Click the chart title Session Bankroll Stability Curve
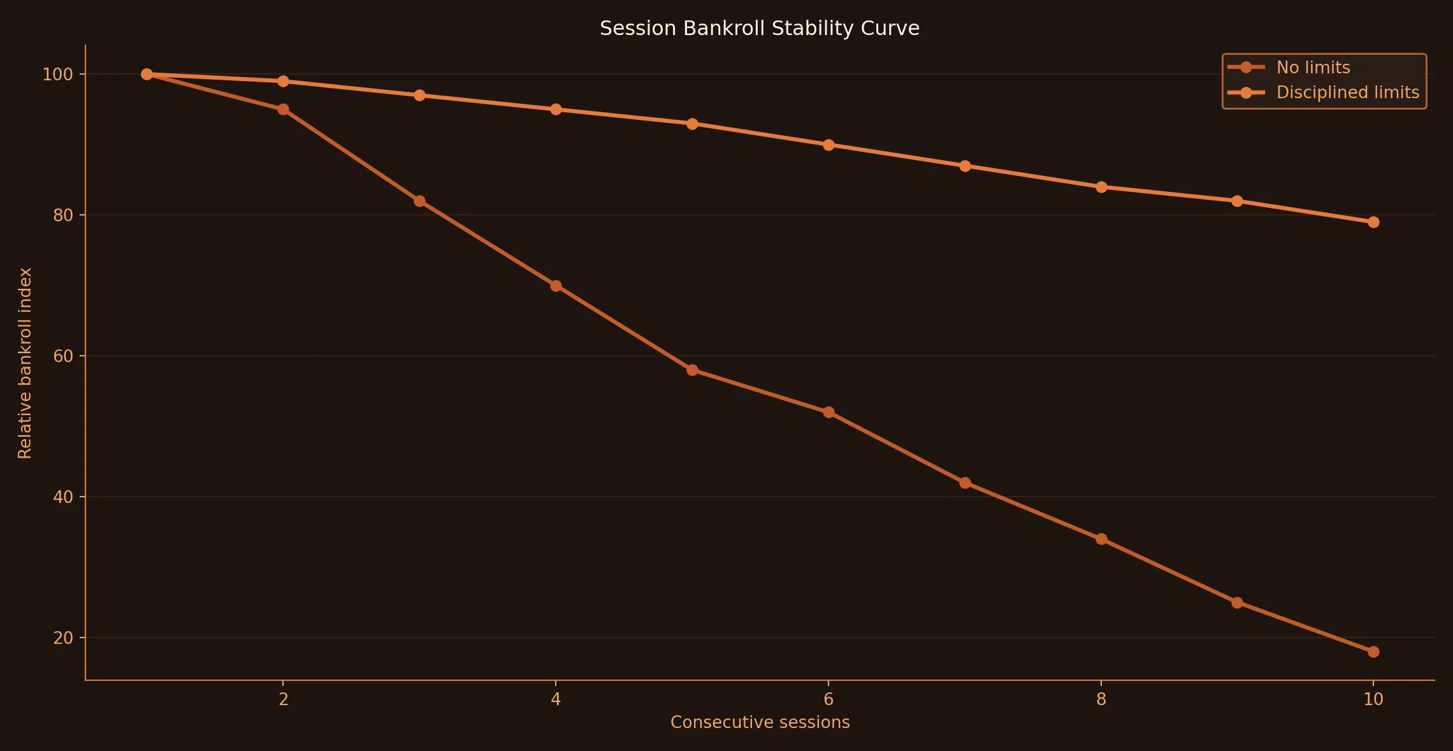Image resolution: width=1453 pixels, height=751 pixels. coord(759,29)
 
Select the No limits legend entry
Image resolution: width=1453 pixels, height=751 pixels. coord(1313,68)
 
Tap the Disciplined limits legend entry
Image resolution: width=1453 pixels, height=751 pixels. coord(1347,92)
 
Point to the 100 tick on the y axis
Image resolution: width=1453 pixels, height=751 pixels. coord(57,75)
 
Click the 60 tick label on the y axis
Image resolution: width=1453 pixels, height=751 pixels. coord(63,356)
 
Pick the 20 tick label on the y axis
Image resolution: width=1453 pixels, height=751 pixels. coord(63,638)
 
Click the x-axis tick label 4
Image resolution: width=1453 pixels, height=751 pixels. coord(556,699)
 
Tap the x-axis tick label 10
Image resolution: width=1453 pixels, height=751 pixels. coord(1373,699)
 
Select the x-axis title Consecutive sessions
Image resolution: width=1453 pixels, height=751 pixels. coord(760,722)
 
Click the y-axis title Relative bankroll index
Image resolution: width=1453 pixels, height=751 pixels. coord(25,363)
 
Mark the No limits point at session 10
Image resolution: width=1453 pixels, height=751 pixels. coord(1373,652)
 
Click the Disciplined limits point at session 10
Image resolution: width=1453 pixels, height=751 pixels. coord(1373,222)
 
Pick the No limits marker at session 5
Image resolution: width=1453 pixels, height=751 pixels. coord(692,370)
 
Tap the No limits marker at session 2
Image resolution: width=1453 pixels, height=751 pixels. coord(283,110)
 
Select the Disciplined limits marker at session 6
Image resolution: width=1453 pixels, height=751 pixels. coord(828,145)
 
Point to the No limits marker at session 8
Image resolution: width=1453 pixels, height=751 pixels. coord(1101,539)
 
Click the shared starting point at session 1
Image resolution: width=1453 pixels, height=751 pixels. coord(147,74)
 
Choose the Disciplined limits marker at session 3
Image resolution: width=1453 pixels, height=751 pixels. coord(419,95)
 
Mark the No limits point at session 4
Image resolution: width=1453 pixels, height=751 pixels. coord(556,286)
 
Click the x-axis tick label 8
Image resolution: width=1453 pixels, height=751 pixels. coord(1101,699)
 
